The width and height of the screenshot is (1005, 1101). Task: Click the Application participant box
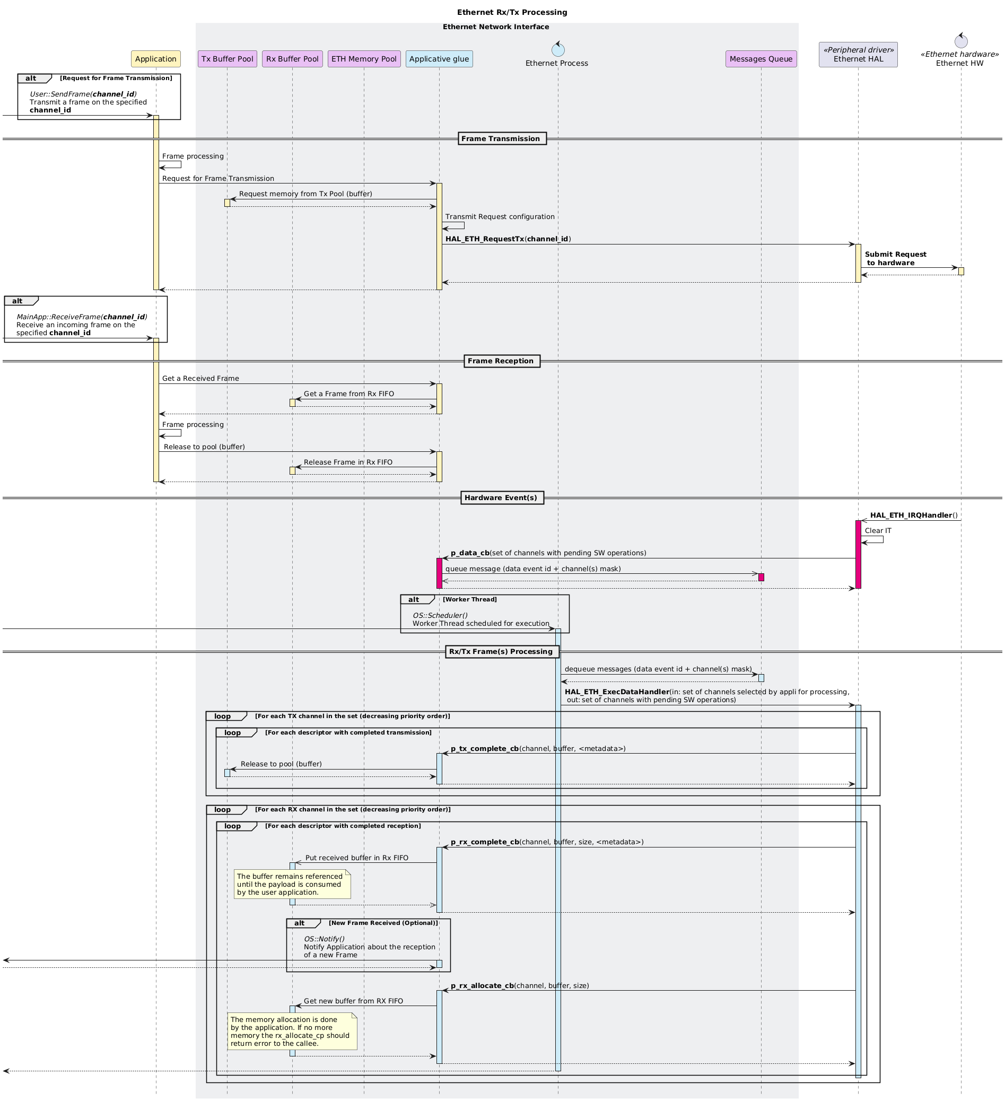tap(156, 59)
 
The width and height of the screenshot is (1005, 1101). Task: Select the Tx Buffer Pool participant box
tap(227, 59)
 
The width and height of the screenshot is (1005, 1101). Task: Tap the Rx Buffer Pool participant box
tap(292, 59)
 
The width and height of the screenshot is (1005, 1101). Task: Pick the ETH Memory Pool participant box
tap(364, 59)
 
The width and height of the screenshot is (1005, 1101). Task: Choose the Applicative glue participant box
tap(439, 59)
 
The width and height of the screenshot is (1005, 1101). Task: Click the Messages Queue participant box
tap(761, 59)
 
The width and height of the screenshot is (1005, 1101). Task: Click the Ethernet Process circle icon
tap(558, 50)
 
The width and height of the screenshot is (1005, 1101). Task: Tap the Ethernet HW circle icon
tap(961, 41)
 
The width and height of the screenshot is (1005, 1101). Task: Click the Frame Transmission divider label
tap(501, 139)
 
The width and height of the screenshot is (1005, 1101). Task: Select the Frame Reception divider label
tap(501, 361)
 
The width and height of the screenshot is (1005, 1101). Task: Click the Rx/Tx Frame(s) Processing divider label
tap(501, 652)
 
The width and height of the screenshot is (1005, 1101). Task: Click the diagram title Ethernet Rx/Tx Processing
tap(512, 12)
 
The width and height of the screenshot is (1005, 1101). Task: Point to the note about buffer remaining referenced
tap(292, 884)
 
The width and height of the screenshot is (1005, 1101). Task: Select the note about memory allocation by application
tap(292, 1032)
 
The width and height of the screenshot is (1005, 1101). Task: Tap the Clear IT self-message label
tap(878, 530)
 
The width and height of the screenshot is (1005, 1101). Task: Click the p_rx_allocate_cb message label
tap(519, 986)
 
